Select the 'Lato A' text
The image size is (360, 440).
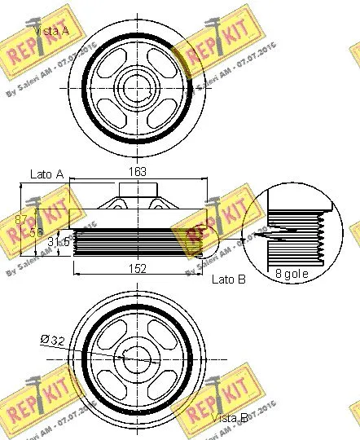point(46,174)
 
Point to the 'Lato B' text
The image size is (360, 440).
point(229,279)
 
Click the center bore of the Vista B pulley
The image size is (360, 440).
point(136,355)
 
